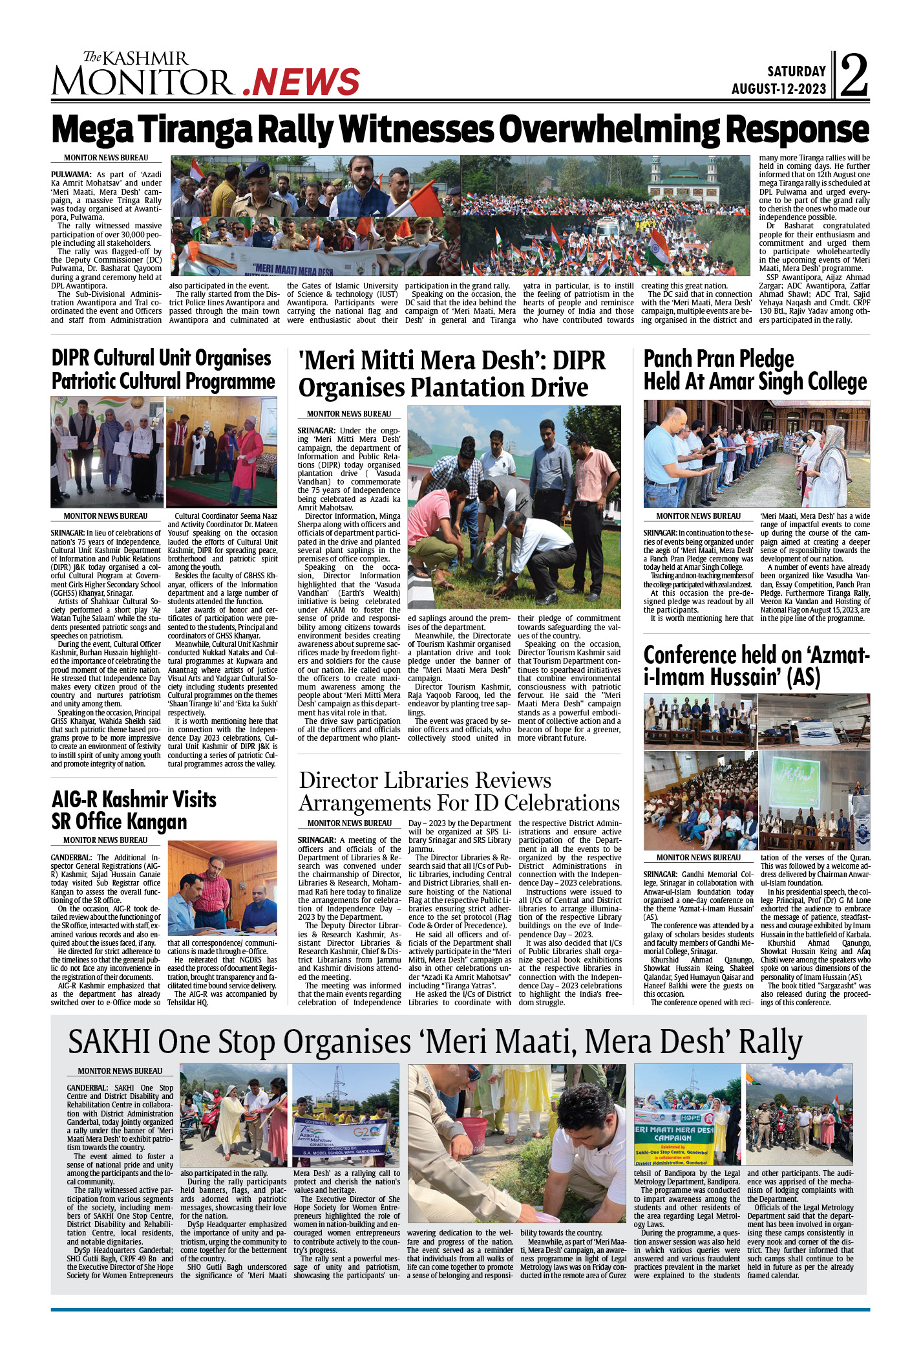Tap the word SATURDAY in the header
(796, 71)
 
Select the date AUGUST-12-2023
(778, 89)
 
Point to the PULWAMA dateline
(71, 175)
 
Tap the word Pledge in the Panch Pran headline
(767, 358)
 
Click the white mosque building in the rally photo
(685, 179)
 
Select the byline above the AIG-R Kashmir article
(105, 840)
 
